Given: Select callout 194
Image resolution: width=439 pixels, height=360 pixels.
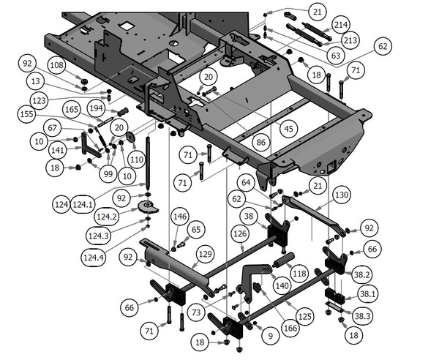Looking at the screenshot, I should pyautogui.click(x=95, y=108).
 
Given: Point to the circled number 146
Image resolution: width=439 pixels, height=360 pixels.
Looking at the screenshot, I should pyautogui.click(x=180, y=217).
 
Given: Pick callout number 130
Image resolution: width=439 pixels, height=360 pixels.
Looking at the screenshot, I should pyautogui.click(x=340, y=195).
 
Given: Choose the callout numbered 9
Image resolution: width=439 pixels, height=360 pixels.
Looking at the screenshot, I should pyautogui.click(x=271, y=336).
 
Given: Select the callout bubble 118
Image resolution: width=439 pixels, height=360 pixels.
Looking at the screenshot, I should pyautogui.click(x=299, y=272).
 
